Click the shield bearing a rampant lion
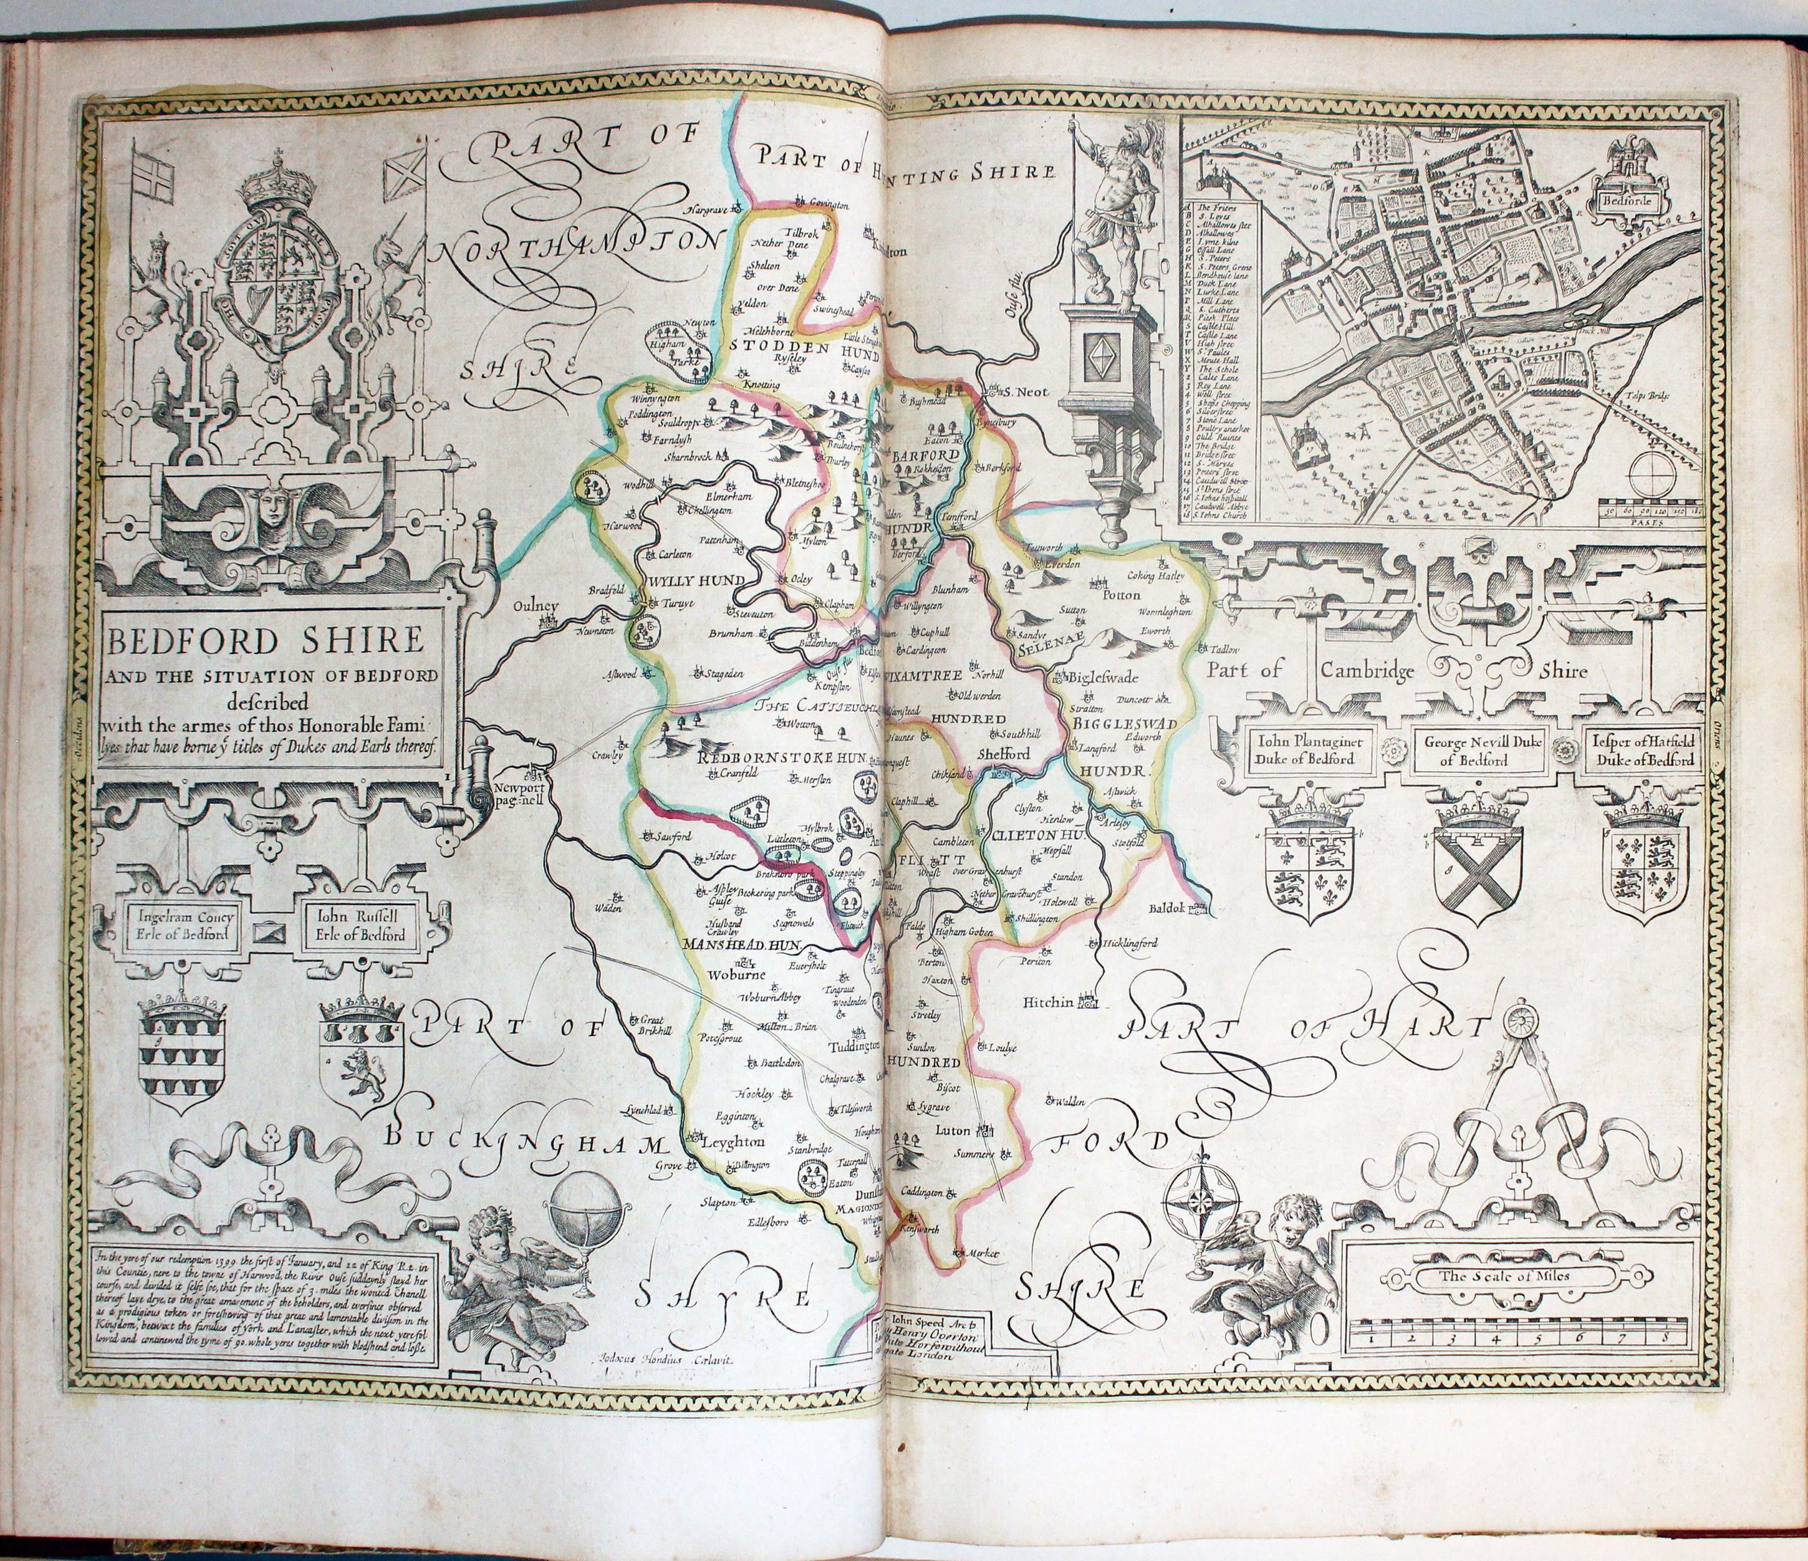[x=360, y=1074]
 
